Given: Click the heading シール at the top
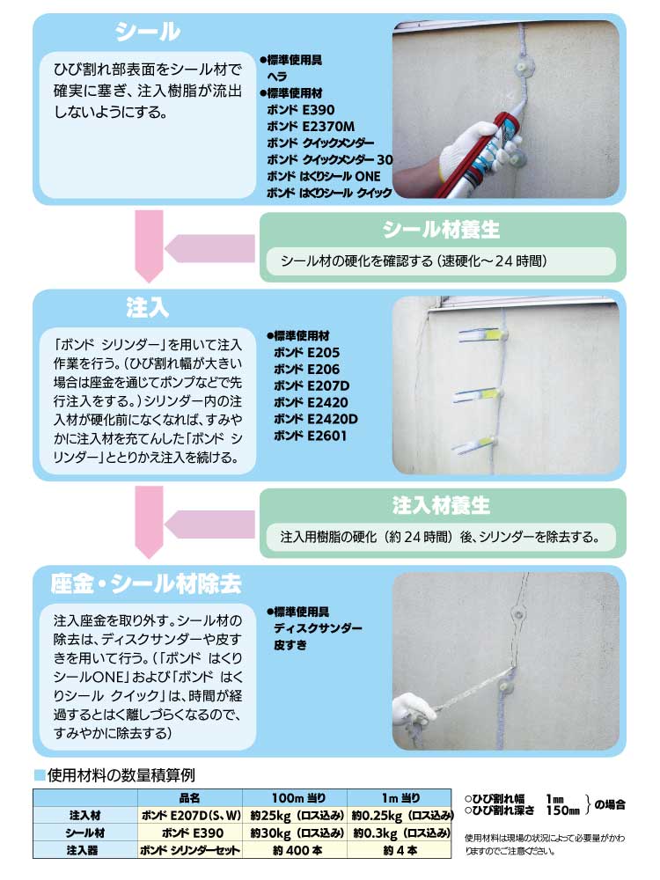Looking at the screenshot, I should (x=148, y=33).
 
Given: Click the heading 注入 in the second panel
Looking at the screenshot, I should (x=147, y=308).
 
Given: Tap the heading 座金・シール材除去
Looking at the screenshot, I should (x=146, y=583).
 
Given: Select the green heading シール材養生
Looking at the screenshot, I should (x=441, y=231).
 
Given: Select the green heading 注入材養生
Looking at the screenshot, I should (x=441, y=506).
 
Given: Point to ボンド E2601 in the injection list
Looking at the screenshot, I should (x=311, y=435).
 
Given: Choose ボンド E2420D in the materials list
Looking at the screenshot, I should (x=315, y=418).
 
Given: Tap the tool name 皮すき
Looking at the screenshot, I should (x=290, y=645).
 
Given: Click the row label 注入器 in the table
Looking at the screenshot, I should (x=86, y=850).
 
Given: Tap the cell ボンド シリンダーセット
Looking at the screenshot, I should (x=189, y=850).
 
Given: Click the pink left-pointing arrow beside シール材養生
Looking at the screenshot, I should (x=211, y=249).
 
